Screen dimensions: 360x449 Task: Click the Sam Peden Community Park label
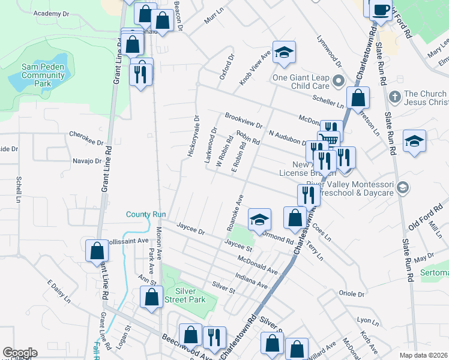tap(43, 75)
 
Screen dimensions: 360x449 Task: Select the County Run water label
tap(145, 214)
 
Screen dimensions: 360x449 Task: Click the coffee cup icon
tap(381, 10)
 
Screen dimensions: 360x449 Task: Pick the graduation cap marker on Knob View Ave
tap(284, 52)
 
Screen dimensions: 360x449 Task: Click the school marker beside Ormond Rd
tap(259, 219)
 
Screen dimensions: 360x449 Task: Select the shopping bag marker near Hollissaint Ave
tap(97, 251)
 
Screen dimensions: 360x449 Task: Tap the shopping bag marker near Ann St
tap(152, 296)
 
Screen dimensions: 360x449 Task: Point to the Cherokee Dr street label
tap(87, 134)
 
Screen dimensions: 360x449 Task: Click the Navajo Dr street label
tap(88, 161)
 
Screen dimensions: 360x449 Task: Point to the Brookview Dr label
tap(244, 120)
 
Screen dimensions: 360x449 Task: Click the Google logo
tap(20, 352)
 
